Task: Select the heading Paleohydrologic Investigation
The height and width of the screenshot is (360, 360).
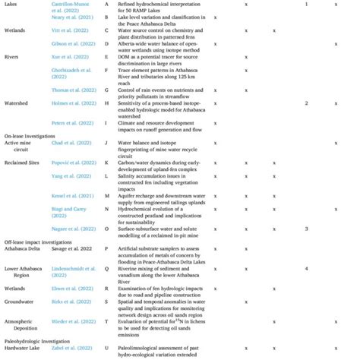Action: (39, 343)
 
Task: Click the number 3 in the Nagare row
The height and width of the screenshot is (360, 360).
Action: (305, 228)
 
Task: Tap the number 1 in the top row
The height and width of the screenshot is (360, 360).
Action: (305, 5)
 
